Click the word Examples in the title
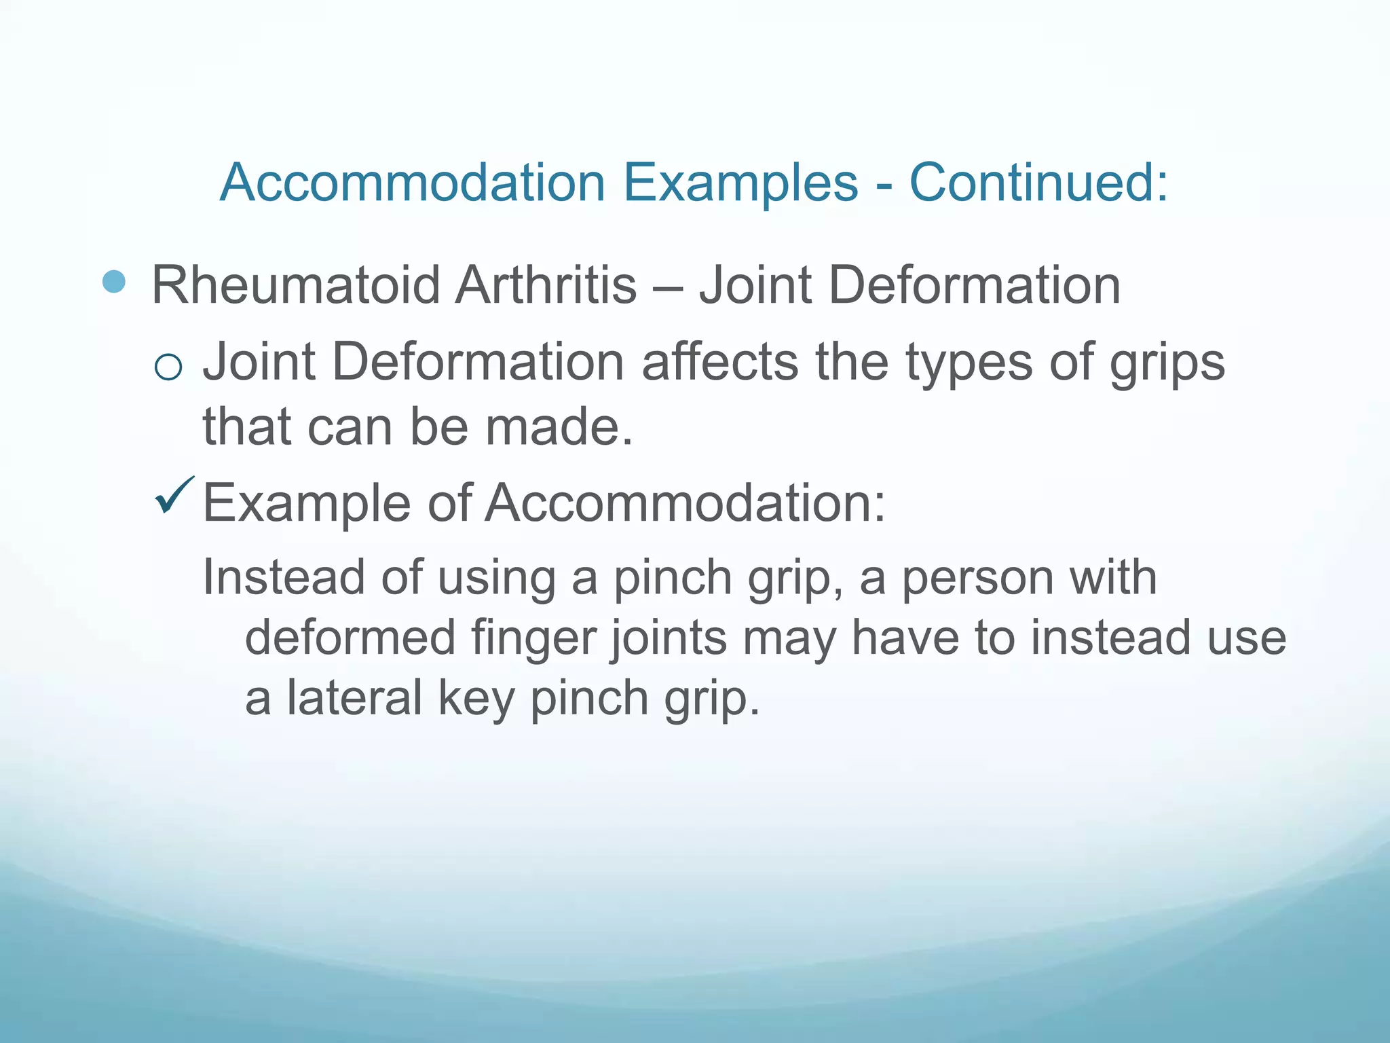point(740,183)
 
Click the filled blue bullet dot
point(114,282)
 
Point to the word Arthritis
point(546,285)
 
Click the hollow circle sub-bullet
point(168,367)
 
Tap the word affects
point(719,362)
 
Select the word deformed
point(350,638)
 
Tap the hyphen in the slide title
point(884,185)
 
